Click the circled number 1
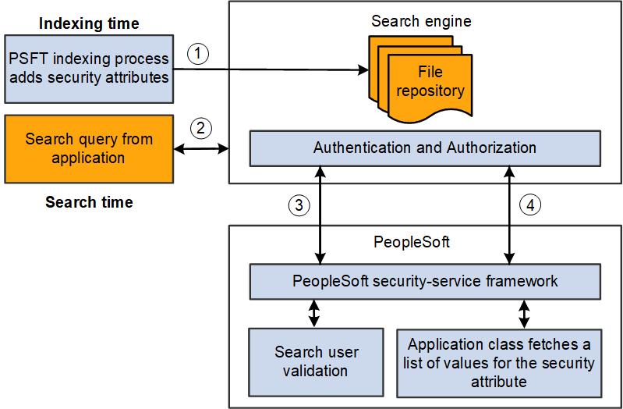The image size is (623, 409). click(x=200, y=54)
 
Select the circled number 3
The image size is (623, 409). click(x=299, y=205)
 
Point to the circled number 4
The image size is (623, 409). click(x=529, y=205)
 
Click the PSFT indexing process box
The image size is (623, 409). click(x=88, y=69)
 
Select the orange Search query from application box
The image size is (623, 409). click(x=88, y=148)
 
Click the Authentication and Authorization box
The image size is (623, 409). click(x=424, y=148)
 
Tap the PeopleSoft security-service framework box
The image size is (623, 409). click(x=424, y=281)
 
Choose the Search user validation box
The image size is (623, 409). click(x=315, y=361)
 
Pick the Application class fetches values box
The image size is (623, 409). click(x=499, y=362)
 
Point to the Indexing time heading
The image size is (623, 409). click(x=89, y=23)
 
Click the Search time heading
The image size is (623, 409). click(x=89, y=202)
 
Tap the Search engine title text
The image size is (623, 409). click(x=421, y=21)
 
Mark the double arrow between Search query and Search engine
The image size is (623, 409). click(x=200, y=148)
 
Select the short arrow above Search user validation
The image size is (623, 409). click(x=314, y=313)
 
